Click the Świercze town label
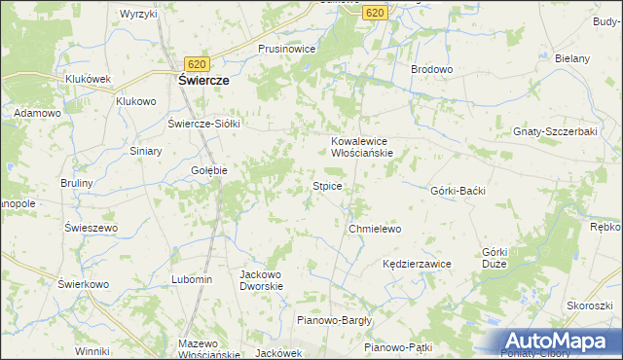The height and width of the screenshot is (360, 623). click(x=202, y=82)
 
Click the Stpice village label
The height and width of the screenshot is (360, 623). click(x=326, y=185)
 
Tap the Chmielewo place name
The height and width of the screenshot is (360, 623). click(x=375, y=229)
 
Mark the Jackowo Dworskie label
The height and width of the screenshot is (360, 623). click(x=261, y=280)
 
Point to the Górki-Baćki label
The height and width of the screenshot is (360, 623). click(x=457, y=191)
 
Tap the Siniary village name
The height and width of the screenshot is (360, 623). click(x=146, y=152)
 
